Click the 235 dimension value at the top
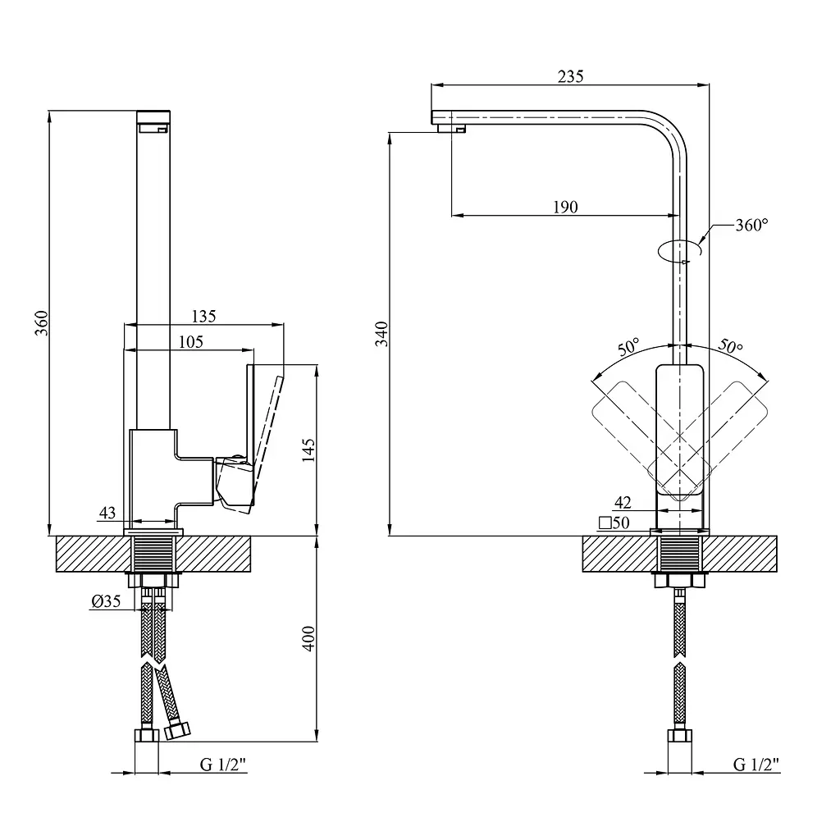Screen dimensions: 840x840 click(570, 76)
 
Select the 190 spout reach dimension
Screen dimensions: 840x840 click(565, 207)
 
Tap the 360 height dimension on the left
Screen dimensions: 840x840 click(41, 323)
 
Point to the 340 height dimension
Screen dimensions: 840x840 click(381, 334)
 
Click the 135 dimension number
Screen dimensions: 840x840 click(203, 317)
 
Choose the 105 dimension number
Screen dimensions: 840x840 click(190, 342)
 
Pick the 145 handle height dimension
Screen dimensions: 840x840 click(308, 450)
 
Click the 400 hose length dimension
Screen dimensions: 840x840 click(308, 638)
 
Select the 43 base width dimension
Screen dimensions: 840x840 click(107, 513)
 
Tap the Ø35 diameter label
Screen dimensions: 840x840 click(106, 601)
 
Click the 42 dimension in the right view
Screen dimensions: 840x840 click(623, 503)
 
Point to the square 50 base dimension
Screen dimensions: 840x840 click(614, 523)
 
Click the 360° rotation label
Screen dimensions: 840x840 click(751, 225)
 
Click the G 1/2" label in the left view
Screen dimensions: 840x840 click(223, 765)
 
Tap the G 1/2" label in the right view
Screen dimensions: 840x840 click(756, 765)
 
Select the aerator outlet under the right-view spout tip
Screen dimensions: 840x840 click(451, 128)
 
